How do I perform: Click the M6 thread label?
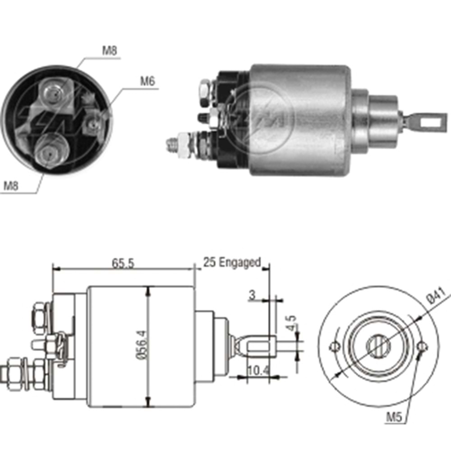pos(147,82)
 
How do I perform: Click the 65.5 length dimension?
pos(123,263)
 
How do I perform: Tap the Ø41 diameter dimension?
pos(437,298)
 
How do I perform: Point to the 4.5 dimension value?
pos(292,324)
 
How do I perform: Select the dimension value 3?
pos(252,295)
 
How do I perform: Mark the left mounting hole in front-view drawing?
pos(334,346)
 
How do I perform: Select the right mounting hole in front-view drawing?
pos(423,346)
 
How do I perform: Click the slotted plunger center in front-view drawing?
pos(378,346)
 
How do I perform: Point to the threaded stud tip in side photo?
pos(170,143)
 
